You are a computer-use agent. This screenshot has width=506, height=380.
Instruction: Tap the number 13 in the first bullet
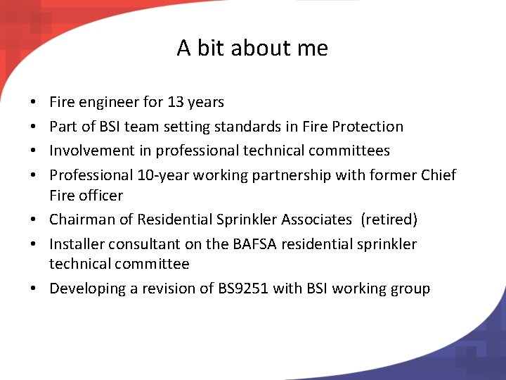(175, 102)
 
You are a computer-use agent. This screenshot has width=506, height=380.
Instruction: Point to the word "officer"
(100, 196)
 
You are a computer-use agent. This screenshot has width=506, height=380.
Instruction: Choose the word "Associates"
(316, 220)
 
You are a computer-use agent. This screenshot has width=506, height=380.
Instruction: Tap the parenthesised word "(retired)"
(389, 220)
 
